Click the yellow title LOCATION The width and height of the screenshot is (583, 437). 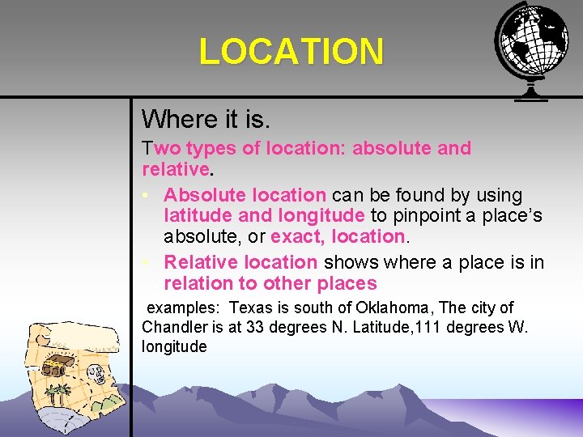pos(291,52)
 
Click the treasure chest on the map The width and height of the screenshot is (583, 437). pos(55,368)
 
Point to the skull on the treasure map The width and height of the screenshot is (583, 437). pos(97,374)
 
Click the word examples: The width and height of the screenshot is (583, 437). pos(183,308)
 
